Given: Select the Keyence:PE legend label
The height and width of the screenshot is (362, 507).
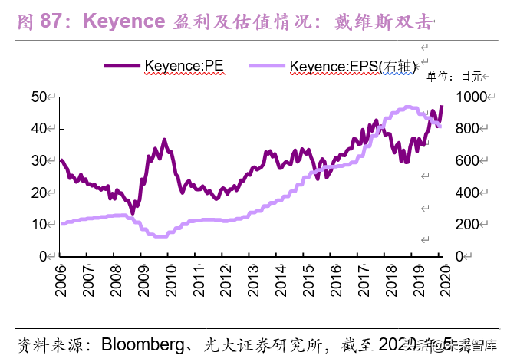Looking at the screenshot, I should pyautogui.click(x=184, y=66).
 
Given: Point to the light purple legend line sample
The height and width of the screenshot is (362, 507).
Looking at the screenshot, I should pyautogui.click(x=267, y=67).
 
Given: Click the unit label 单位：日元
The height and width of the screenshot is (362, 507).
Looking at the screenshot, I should pyautogui.click(x=453, y=76).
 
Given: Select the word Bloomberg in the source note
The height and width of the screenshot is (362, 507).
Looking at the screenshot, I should pyautogui.click(x=143, y=343).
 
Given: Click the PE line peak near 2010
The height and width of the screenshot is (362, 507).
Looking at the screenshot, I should pyautogui.click(x=164, y=140).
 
